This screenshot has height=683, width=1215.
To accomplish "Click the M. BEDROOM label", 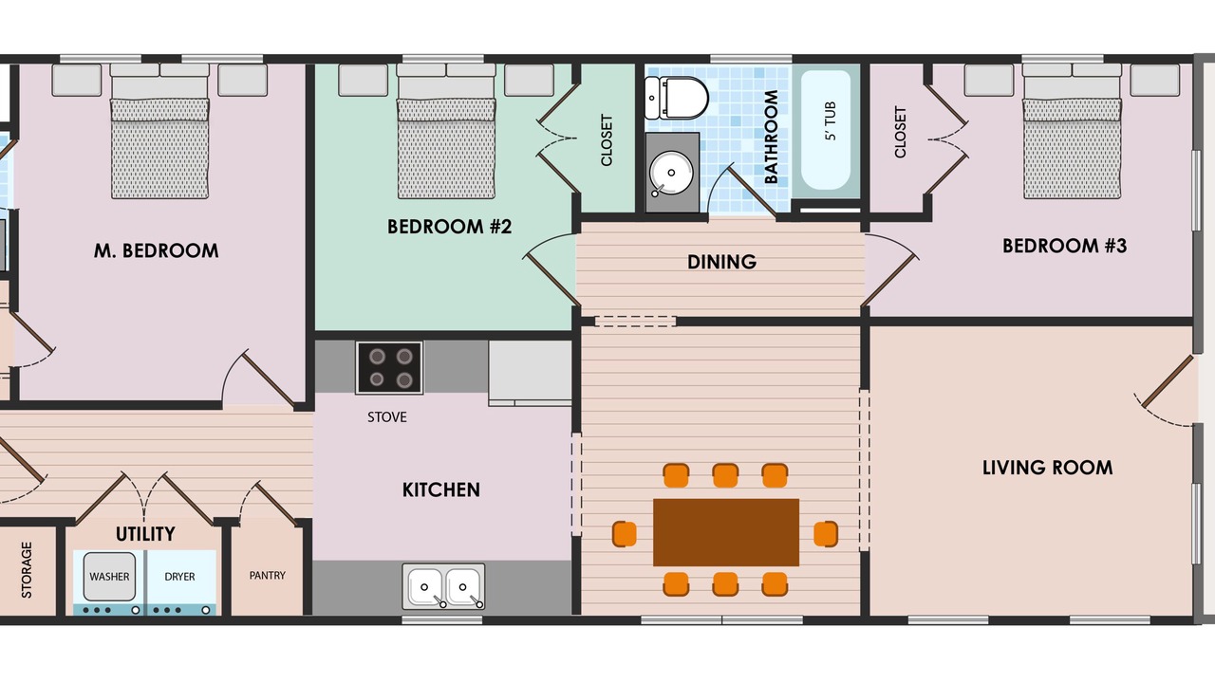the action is point(157,250).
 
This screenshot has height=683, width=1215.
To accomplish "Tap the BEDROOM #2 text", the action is point(449,227).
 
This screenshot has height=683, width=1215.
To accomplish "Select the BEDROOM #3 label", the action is point(1064,246).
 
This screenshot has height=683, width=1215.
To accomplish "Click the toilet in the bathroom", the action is point(677,98).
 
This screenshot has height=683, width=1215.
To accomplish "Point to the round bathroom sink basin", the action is point(671,173).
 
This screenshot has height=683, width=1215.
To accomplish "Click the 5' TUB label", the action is point(830,120).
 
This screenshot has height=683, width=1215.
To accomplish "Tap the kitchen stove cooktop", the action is point(389,367).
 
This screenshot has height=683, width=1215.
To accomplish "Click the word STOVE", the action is point(386,416).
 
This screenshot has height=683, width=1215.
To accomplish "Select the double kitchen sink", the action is point(443,586).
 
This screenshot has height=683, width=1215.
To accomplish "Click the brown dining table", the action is point(726,532).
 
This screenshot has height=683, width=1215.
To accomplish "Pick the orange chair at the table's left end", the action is point(625,533).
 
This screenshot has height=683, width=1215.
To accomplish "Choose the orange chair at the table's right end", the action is point(826,533).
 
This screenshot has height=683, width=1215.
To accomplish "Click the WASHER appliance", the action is point(109,577).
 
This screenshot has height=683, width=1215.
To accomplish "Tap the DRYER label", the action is point(179,577).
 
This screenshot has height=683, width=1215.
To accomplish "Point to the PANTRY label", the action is point(268,575).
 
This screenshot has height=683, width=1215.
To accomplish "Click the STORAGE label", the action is point(26,570).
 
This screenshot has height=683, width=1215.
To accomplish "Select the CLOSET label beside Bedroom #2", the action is point(607,139).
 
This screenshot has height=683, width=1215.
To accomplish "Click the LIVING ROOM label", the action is point(1047,468).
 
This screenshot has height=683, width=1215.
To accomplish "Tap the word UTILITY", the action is point(145,534).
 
